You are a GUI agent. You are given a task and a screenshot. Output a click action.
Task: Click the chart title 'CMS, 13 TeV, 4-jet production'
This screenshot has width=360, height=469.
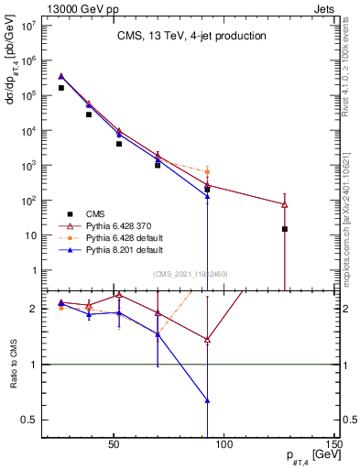[x=191, y=36]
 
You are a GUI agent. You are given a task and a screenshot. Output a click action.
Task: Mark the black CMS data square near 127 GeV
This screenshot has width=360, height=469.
[x=285, y=229]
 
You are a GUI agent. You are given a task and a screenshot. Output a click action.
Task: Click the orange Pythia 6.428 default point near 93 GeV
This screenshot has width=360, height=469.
[x=208, y=171]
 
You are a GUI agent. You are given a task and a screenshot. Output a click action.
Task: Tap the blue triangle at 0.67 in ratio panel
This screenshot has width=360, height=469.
[x=208, y=400]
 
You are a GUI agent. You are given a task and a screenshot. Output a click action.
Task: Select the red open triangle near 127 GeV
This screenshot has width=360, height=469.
[x=285, y=204]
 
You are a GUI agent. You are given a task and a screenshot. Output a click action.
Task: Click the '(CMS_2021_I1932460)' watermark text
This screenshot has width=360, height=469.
[x=190, y=274]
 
